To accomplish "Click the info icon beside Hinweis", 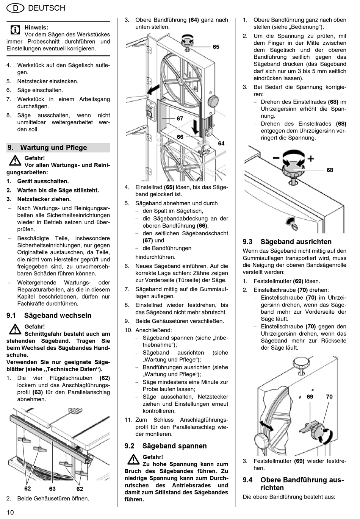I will coord(15,30).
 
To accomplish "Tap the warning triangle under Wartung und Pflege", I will coord(15,161).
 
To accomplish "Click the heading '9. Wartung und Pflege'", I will coord(53,148).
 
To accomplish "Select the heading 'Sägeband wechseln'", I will coord(58,316).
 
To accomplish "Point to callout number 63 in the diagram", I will coord(52,489).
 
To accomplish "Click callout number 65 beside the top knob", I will coord(216,47).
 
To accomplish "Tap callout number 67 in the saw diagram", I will coord(180,119).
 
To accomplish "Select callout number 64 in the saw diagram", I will coord(221,144).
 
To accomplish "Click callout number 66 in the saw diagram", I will coord(180,137).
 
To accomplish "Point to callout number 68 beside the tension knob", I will coord(330,170).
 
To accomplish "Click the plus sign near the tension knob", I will coord(311,158).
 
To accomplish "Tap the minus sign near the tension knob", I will coord(276,158).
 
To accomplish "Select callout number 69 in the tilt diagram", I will coord(310,397).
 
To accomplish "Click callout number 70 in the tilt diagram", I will coord(329,397).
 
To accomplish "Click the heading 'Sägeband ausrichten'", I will coord(296,242).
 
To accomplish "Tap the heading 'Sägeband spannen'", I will coord(174,446).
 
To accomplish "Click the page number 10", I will coord(10,512).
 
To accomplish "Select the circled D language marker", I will coord(16,8).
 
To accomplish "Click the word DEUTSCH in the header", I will coord(47,8).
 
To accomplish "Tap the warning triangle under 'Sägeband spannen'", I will coord(133,460).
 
